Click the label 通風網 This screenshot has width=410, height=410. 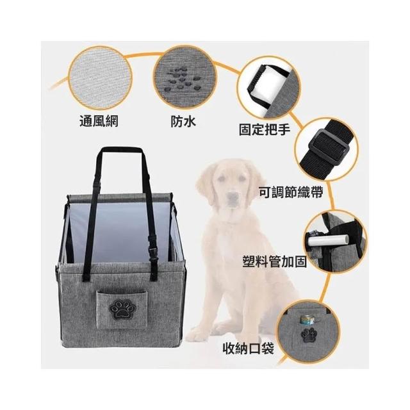[x=99, y=121]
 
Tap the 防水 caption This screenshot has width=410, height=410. [x=183, y=121]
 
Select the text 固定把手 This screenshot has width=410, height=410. [x=265, y=129]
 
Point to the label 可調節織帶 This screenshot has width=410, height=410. [x=291, y=192]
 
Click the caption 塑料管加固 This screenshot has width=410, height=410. [x=275, y=261]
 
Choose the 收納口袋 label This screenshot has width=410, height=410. [x=249, y=348]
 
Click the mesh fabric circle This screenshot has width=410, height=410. [x=100, y=78]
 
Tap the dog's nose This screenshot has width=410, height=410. [x=232, y=197]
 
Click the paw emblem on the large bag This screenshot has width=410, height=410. [x=120, y=309]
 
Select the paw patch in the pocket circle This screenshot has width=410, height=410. [x=308, y=336]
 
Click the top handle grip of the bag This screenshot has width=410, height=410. [x=122, y=150]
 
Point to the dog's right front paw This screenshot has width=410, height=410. [x=199, y=332]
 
